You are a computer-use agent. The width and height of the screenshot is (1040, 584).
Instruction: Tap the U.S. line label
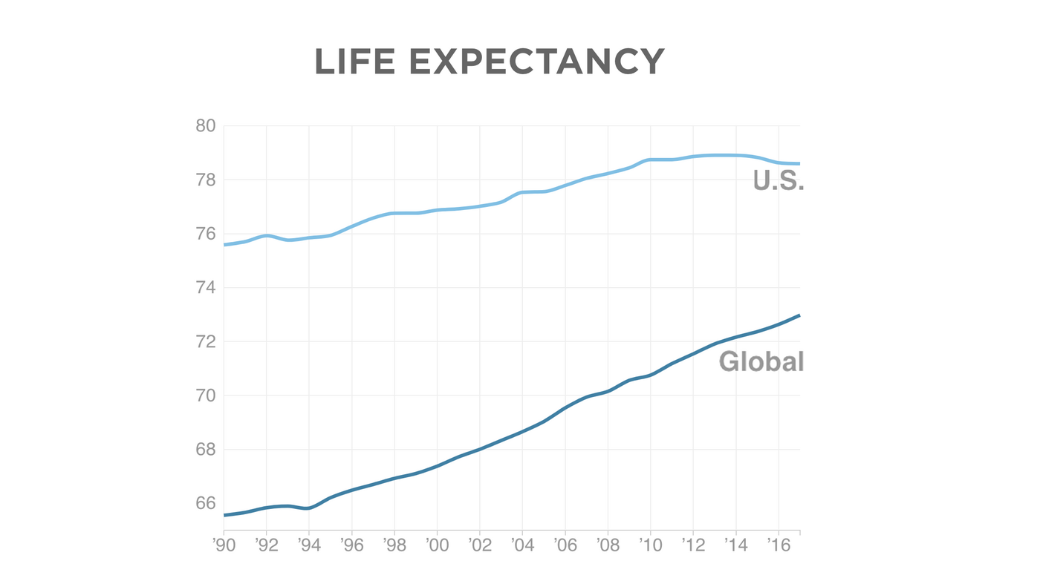coord(778,180)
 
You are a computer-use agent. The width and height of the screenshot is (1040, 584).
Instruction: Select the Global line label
coord(761,361)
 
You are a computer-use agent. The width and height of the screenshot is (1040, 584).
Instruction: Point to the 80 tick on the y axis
coord(205,125)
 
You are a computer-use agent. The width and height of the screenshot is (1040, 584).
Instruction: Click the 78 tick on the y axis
coord(205,180)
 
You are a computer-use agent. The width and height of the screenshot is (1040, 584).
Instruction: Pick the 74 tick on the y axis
coord(205,288)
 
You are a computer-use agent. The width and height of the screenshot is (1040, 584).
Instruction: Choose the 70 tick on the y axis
coord(205,396)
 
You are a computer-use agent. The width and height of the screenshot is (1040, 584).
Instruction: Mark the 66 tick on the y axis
coord(205,503)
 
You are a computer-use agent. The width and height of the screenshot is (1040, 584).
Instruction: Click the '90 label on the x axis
coord(224,545)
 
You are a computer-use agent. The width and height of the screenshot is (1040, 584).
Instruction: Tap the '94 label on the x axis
coord(309,545)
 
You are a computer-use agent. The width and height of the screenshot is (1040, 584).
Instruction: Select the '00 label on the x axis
coord(437,545)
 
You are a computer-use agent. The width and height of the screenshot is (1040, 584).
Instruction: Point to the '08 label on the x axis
coord(608,545)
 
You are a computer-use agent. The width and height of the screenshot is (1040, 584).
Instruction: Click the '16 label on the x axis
coord(778,545)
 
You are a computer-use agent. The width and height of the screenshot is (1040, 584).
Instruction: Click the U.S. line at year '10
coord(651,160)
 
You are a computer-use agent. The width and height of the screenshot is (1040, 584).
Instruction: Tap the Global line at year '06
coord(565,407)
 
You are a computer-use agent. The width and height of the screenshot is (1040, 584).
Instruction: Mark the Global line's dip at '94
coord(309,508)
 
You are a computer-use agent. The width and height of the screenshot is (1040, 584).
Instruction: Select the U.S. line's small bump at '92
coord(267,235)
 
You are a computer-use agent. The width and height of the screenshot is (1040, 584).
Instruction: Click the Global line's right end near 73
coord(799,315)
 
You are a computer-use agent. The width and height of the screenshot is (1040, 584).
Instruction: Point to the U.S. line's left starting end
coord(225,244)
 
